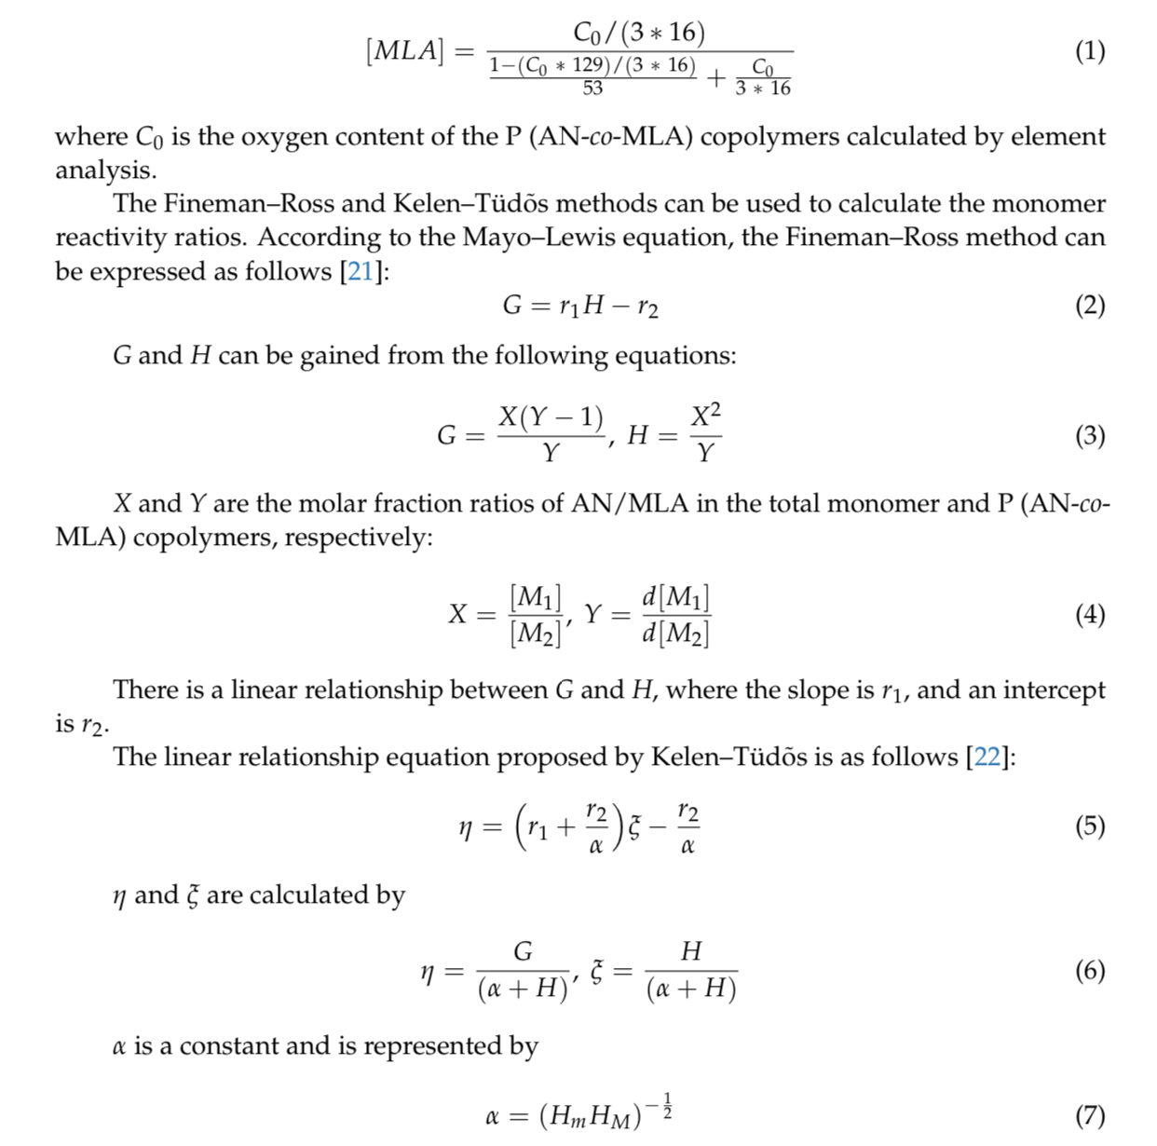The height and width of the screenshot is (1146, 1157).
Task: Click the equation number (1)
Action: click(x=1090, y=50)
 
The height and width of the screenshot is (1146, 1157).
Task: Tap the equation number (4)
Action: click(x=1090, y=615)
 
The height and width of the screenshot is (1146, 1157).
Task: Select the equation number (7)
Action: click(x=1090, y=1115)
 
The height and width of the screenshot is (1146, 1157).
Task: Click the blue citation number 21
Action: click(x=360, y=272)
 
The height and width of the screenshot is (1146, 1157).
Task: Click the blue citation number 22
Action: click(x=987, y=757)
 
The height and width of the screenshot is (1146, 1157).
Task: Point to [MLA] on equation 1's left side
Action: click(x=405, y=50)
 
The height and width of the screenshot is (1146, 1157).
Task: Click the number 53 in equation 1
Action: click(x=592, y=89)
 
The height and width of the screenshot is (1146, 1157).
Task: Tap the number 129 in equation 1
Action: click(x=589, y=65)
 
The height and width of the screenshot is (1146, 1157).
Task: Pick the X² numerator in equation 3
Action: click(x=705, y=416)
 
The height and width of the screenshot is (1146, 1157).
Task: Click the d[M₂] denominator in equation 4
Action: click(x=675, y=634)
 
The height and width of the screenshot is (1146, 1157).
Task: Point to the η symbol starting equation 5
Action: click(x=466, y=827)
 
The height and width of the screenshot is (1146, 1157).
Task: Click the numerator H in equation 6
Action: click(x=690, y=951)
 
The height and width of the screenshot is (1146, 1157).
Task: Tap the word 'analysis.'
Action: click(x=105, y=171)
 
